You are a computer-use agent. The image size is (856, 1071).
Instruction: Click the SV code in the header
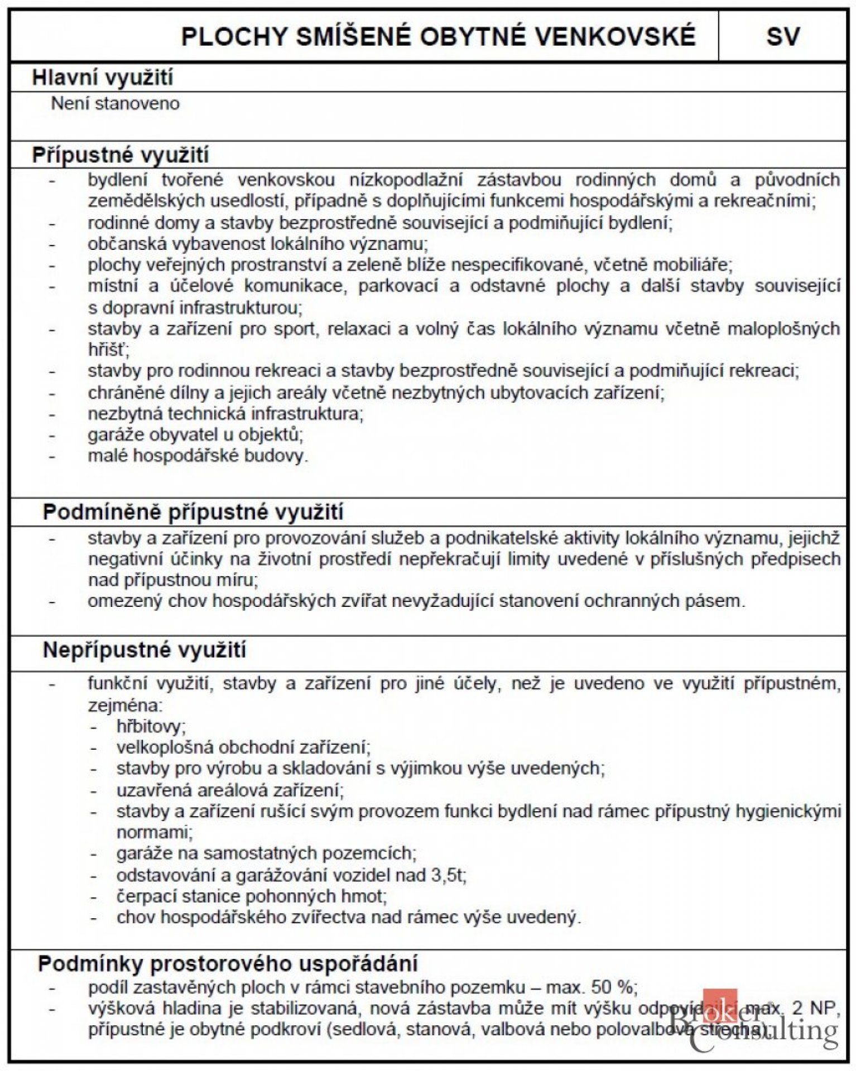782,37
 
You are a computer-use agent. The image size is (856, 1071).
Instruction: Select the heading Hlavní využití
103,78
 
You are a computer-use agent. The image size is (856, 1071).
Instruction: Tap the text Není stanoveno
116,104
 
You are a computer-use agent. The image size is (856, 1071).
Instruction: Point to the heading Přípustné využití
121,155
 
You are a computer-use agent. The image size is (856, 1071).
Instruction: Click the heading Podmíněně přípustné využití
193,512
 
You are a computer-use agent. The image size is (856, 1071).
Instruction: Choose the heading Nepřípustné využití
145,650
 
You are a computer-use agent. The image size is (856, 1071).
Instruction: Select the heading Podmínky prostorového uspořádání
228,963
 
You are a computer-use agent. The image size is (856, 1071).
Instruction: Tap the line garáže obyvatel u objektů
195,435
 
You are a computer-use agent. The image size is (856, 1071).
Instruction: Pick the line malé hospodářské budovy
198,456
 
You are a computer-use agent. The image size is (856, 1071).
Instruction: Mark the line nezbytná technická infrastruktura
225,413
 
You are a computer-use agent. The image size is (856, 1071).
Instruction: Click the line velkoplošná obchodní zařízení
243,747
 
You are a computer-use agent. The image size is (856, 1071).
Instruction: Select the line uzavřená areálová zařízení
230,790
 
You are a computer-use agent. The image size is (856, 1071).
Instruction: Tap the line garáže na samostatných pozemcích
266,853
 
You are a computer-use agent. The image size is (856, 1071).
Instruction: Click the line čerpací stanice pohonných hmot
251,896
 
